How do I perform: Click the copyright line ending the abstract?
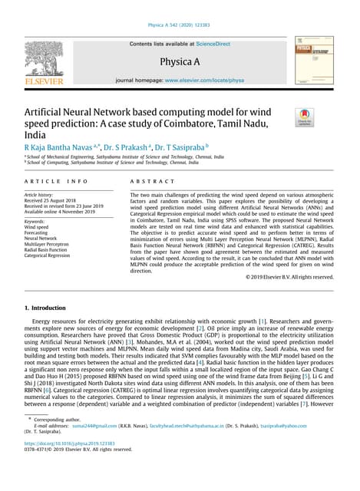pos(289,277)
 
